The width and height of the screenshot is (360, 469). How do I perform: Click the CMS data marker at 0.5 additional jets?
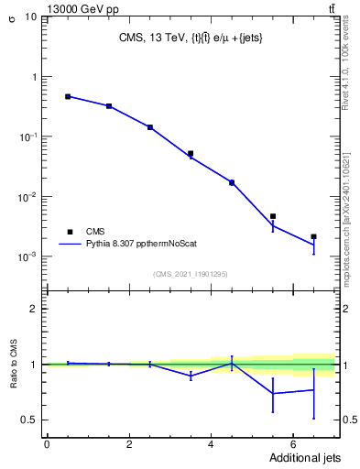click(x=68, y=96)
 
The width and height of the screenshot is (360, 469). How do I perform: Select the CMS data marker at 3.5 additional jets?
click(x=191, y=154)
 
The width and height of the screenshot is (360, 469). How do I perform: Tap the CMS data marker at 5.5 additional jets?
click(x=273, y=216)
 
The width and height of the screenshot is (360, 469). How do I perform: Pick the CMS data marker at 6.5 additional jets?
click(x=313, y=236)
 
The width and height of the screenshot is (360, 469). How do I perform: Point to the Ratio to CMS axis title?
click(x=14, y=364)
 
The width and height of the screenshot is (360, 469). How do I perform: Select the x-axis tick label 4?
click(x=211, y=444)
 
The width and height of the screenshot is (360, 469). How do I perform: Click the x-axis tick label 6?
click(x=292, y=444)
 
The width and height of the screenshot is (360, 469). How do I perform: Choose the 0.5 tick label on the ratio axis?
click(x=32, y=420)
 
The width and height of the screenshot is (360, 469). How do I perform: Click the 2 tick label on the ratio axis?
click(x=36, y=309)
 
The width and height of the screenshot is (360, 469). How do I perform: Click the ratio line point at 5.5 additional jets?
click(x=273, y=394)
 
